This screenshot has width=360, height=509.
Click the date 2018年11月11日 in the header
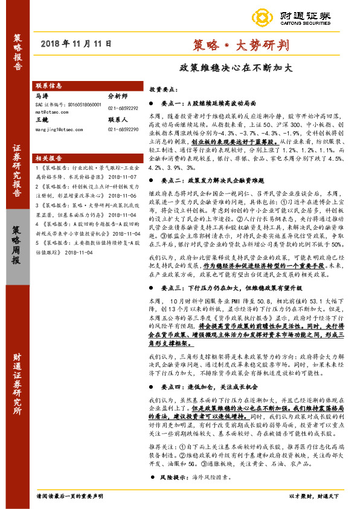click(79, 44)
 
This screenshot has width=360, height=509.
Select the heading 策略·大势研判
click(227, 44)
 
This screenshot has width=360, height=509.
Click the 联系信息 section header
click(50, 86)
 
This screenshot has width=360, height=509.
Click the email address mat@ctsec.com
click(51, 112)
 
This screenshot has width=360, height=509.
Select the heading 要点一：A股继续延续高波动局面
click(204, 103)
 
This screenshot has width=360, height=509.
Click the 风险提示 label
click(175, 477)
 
